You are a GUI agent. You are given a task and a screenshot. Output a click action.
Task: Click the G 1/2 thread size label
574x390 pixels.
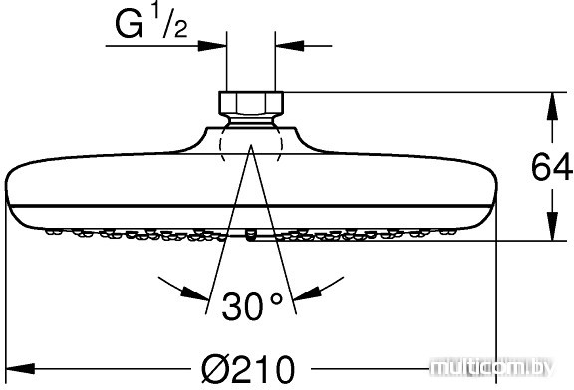pos(151,22)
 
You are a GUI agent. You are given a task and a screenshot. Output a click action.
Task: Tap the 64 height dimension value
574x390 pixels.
pos(552,168)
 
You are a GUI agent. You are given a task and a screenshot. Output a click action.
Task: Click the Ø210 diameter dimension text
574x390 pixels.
pos(248,369)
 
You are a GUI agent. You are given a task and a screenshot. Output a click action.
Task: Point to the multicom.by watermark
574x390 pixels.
pos(491,367)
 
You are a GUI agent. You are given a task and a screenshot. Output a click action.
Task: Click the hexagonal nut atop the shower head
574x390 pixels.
pos(251,102)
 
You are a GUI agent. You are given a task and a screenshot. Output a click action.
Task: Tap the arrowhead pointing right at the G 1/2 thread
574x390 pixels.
pos(212,46)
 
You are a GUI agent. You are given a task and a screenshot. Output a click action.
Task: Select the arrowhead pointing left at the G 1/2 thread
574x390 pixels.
pos(289,46)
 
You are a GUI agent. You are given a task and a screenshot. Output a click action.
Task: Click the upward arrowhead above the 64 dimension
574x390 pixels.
pos(552,106)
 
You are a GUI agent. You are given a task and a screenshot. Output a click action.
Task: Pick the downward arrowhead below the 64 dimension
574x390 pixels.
pos(552,226)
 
